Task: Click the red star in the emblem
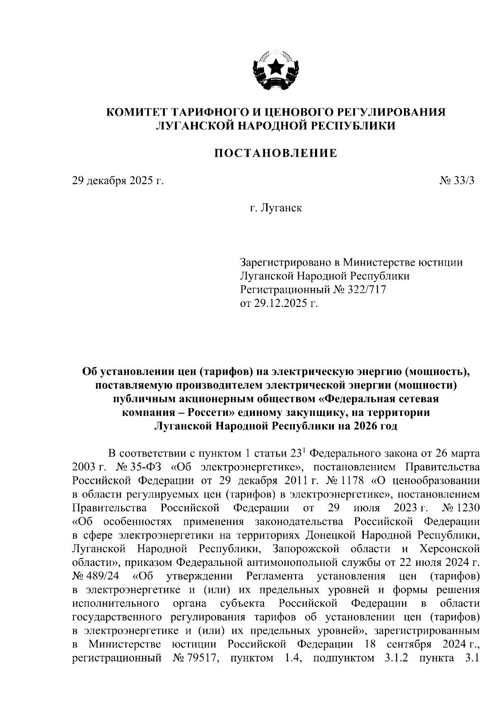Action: click(x=276, y=67)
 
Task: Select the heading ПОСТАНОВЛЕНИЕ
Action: click(x=276, y=153)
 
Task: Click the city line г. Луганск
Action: click(x=276, y=208)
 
